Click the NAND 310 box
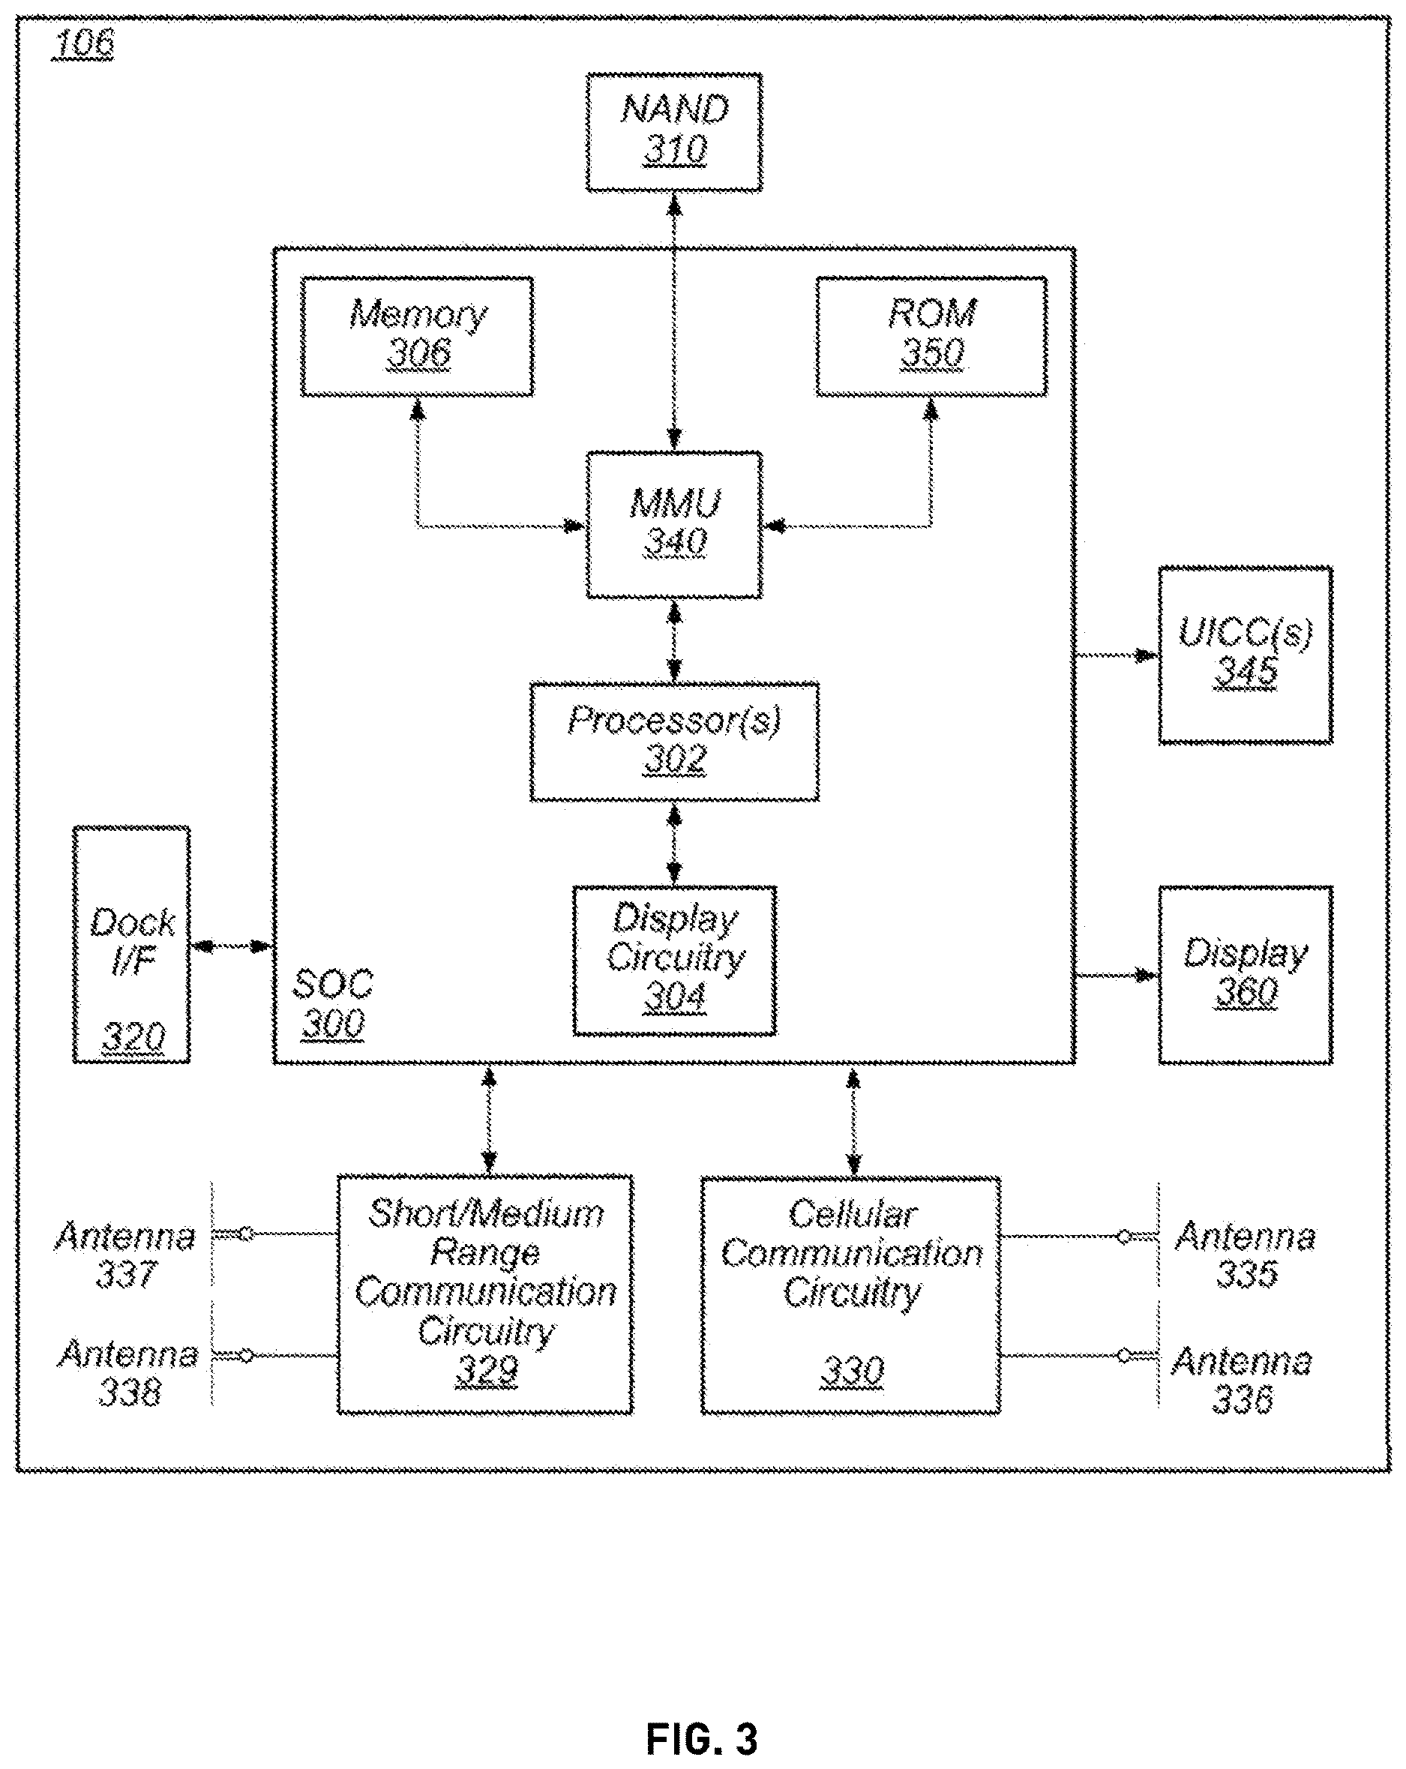[673, 132]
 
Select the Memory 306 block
[418, 337]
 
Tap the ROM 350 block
[931, 337]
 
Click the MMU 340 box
[673, 524]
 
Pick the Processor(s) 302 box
[674, 742]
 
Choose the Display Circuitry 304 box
[674, 960]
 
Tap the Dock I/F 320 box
[131, 944]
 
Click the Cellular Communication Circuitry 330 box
[850, 1296]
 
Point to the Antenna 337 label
[125, 1255]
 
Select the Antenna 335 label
[1246, 1255]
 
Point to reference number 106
[82, 43]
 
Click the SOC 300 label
[333, 1003]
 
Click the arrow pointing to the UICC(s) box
[1117, 655]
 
